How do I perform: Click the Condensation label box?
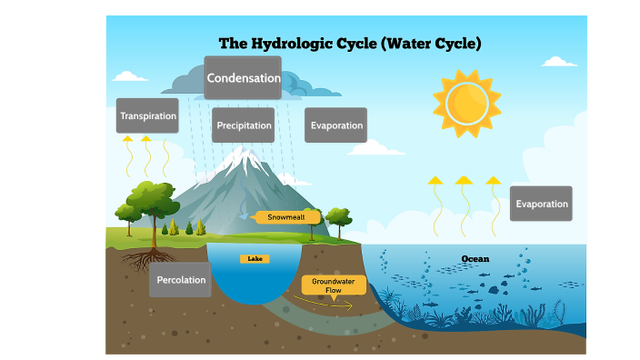pos(243,78)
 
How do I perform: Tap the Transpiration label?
pos(147,115)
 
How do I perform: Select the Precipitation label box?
pos(244,125)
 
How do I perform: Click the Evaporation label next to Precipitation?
pos(335,125)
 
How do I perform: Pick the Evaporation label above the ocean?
pos(541,204)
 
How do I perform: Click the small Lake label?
pos(255,259)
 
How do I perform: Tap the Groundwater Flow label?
pos(334,285)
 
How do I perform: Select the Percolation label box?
pos(180,280)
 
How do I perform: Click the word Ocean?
pos(475,259)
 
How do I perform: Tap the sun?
pos(465,100)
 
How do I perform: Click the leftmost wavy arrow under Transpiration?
pos(127,155)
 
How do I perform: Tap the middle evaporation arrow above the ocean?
pos(464,205)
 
